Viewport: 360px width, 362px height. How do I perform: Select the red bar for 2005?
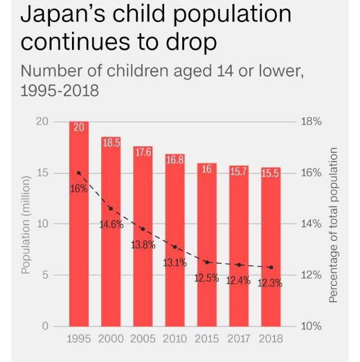(143, 270)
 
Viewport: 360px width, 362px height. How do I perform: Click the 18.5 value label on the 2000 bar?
(111, 143)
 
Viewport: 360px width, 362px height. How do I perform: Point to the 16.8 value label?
(175, 160)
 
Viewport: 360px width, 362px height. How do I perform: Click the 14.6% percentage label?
(111, 225)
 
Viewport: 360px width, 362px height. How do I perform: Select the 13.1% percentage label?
(175, 262)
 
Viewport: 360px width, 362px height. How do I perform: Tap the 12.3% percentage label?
(270, 283)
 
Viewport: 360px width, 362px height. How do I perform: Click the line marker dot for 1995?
(79, 173)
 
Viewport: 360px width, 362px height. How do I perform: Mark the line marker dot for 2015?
(207, 262)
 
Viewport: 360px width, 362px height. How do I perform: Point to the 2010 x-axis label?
(175, 339)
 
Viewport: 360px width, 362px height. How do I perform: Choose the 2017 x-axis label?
(239, 339)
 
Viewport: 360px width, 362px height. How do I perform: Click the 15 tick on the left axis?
(42, 173)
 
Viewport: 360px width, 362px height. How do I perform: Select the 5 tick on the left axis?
(45, 275)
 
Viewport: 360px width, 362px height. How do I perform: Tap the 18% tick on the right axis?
(311, 122)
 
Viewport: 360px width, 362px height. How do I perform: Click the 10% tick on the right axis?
(311, 327)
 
